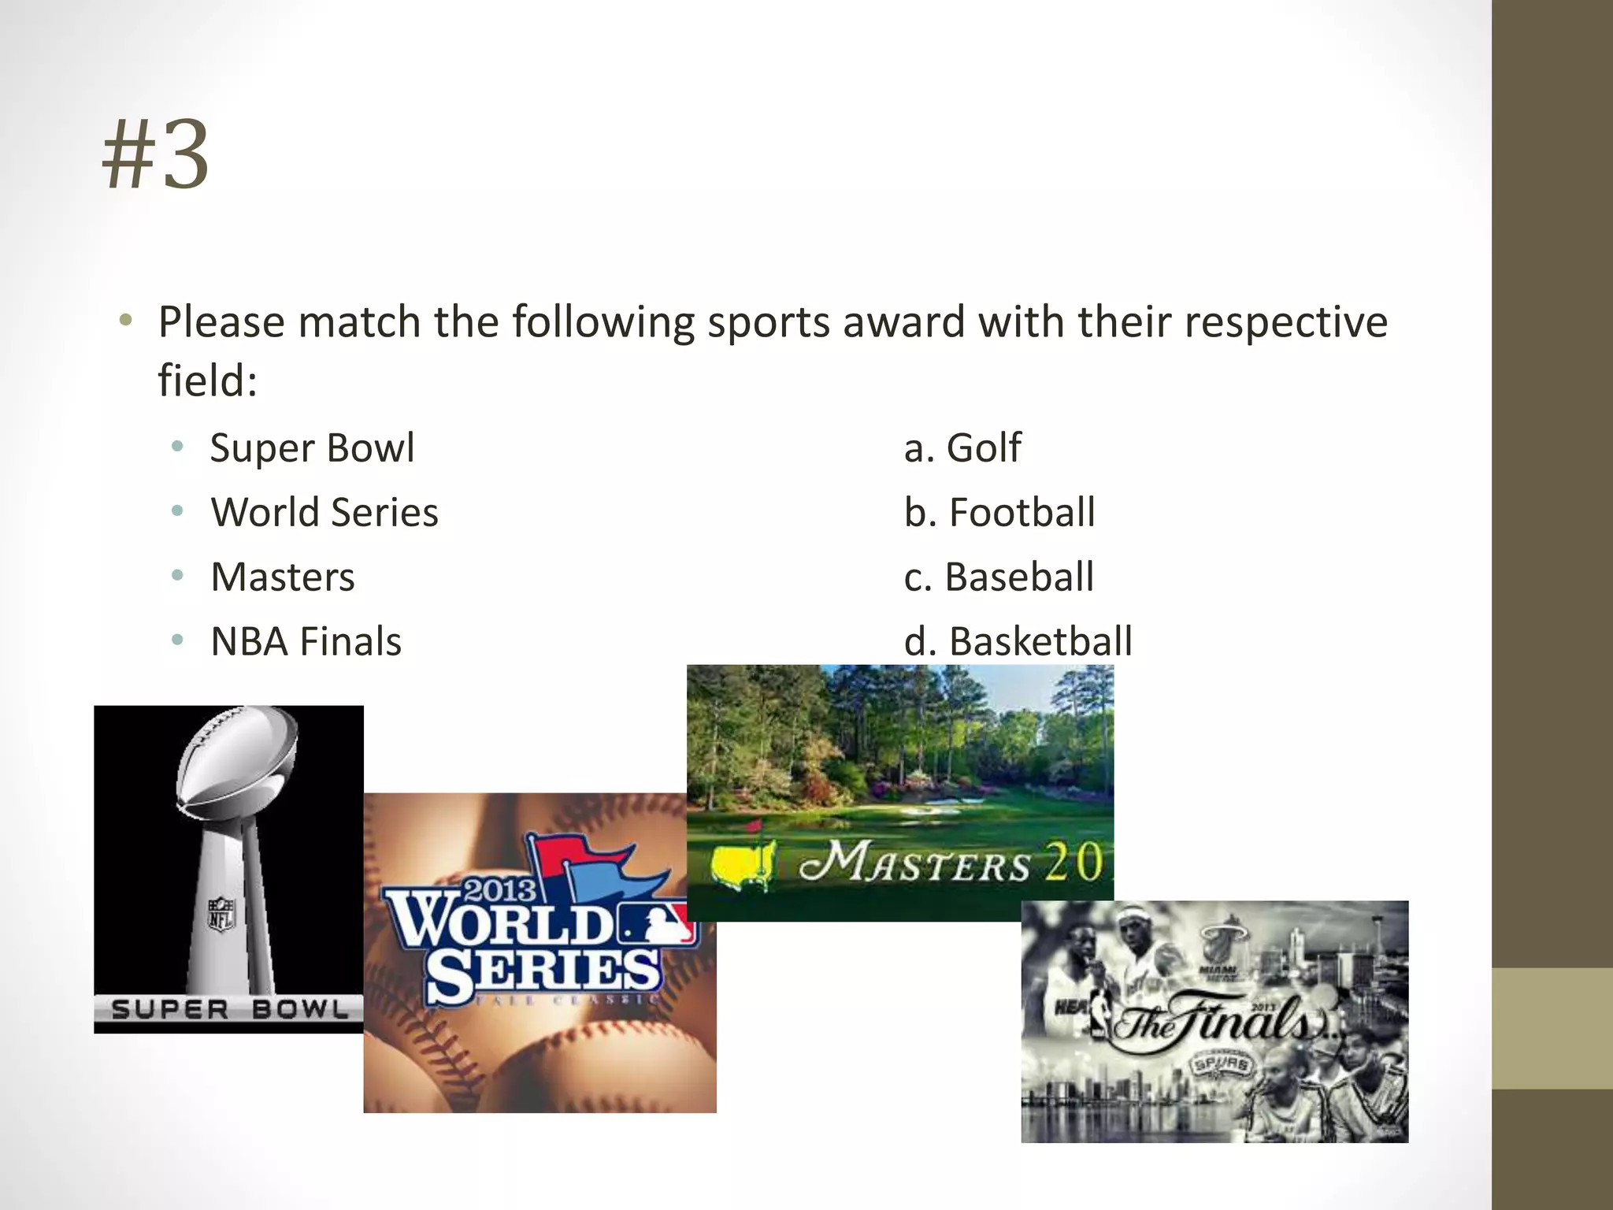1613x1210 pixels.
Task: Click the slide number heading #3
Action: point(156,154)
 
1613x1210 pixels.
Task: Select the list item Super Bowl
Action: point(312,447)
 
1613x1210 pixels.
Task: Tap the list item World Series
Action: point(324,512)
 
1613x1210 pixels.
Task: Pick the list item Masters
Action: point(283,577)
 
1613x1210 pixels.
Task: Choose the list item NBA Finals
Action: point(306,641)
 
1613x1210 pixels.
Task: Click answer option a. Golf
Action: point(962,447)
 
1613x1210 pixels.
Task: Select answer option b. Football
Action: point(999,512)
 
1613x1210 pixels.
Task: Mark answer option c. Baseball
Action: point(999,577)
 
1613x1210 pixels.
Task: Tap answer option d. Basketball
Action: point(1018,641)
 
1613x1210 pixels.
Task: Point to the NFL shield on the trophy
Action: point(221,915)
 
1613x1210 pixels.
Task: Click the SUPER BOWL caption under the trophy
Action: point(229,1009)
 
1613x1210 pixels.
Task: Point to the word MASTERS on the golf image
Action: point(914,863)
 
